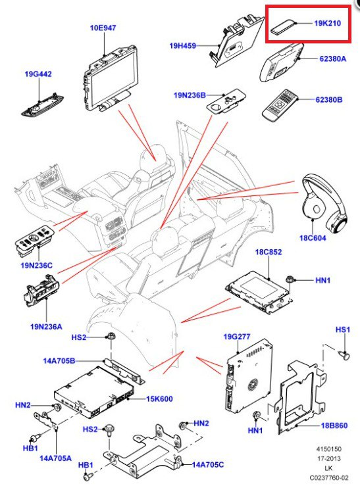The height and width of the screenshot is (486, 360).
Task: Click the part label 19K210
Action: [x=327, y=23]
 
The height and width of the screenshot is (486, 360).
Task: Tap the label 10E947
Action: [x=103, y=28]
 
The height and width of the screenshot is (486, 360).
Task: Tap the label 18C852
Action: [x=268, y=252]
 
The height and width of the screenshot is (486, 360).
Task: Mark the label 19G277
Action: [x=236, y=337]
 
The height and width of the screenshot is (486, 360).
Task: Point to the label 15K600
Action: [x=159, y=399]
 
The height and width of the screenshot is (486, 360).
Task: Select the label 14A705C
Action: [x=209, y=464]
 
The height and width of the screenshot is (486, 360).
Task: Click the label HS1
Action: [x=343, y=329]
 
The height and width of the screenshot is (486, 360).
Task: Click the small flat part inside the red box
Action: [x=284, y=27]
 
